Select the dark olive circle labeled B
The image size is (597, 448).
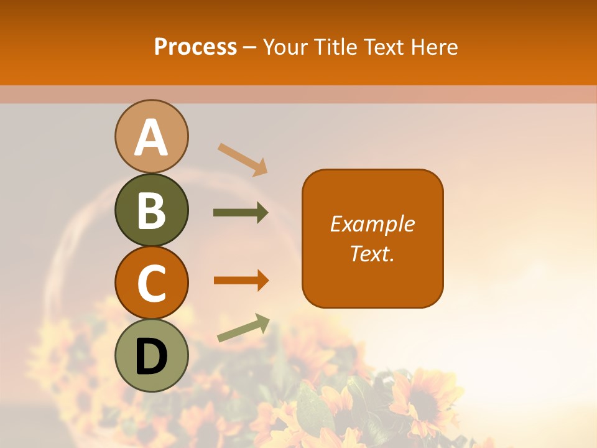coord(152,210)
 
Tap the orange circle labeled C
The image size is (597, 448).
coord(152,282)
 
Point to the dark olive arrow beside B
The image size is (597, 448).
coord(241,213)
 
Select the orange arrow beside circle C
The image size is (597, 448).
coord(241,280)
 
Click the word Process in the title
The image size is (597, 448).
coord(195,47)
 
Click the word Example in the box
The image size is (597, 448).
coord(372,224)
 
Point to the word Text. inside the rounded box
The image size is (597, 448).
coord(372,254)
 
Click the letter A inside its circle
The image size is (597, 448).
coord(152,138)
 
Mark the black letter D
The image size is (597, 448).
coord(152,357)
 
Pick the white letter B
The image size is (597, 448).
coord(152,210)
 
